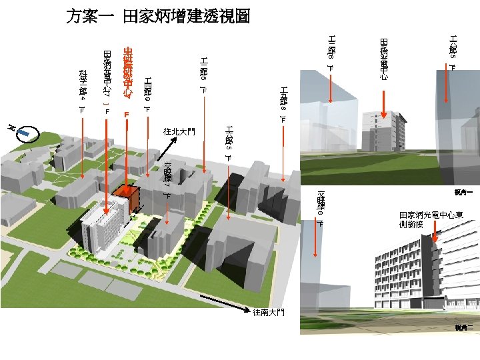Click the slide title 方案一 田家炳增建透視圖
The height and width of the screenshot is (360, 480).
point(158,17)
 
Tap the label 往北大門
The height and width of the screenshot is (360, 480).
point(179,131)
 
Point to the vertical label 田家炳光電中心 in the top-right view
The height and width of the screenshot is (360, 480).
point(384,59)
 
